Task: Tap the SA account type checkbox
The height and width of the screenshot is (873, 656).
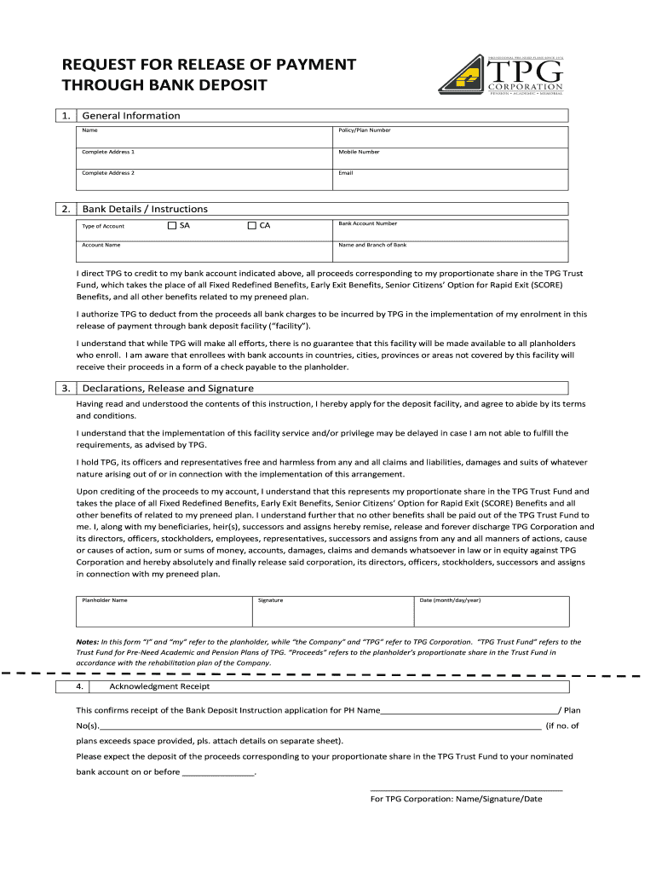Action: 171,226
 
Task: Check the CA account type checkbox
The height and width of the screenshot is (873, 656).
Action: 252,226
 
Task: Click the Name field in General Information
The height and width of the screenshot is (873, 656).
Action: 204,136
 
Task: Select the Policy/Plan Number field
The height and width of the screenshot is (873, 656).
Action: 451,136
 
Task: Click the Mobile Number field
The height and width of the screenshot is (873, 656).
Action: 451,158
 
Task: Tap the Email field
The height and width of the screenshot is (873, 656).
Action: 451,178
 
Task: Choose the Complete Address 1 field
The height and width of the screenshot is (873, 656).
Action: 204,158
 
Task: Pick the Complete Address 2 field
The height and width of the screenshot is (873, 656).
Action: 204,178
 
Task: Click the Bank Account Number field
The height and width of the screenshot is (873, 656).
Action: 451,230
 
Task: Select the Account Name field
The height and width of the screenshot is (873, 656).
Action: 204,251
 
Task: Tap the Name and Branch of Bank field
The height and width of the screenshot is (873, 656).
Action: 451,251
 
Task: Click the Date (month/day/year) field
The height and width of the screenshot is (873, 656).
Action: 492,611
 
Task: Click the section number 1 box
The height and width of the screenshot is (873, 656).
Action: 66,115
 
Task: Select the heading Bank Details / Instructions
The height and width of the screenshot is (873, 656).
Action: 145,209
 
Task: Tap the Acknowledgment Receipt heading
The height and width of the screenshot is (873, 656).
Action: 160,686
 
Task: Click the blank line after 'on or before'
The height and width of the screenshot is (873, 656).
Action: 219,773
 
